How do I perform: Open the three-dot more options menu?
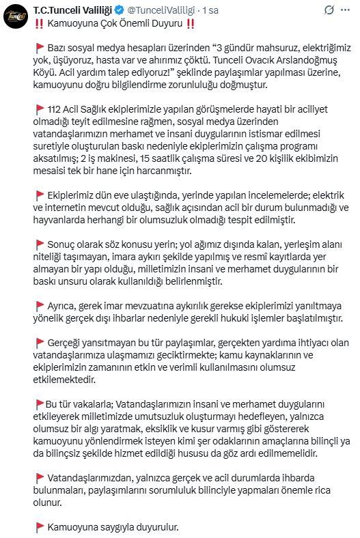tap(349, 10)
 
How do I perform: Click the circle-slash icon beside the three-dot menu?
tap(329, 10)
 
